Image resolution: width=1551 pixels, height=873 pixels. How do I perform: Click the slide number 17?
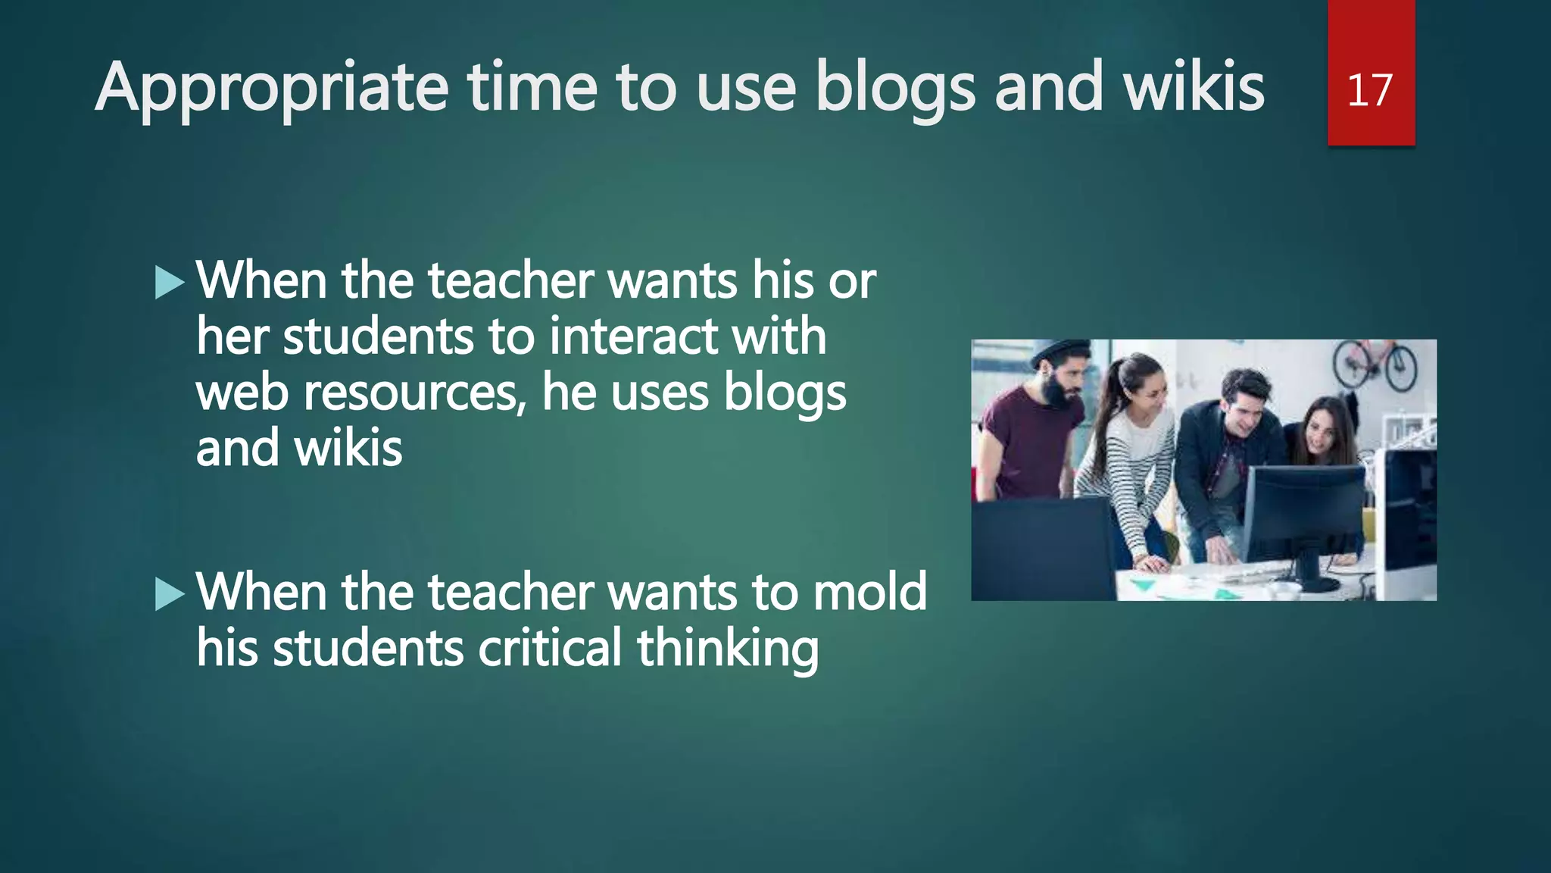(x=1370, y=90)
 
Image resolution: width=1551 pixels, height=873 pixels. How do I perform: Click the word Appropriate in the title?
(x=272, y=89)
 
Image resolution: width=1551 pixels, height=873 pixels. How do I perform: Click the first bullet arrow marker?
(x=170, y=283)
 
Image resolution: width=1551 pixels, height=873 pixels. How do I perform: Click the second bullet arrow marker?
(x=170, y=594)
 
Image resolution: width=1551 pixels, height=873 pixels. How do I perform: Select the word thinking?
(x=727, y=649)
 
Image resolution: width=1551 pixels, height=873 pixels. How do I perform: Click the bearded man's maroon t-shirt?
(x=1022, y=447)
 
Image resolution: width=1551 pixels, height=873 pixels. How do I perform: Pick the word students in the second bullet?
(x=368, y=648)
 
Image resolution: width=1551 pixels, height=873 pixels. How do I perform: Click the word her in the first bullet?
(x=232, y=336)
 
